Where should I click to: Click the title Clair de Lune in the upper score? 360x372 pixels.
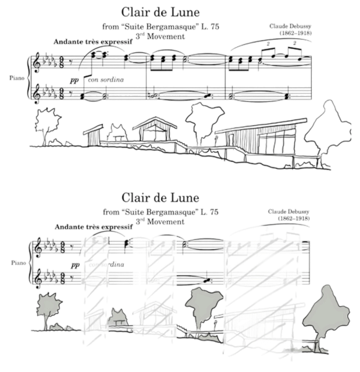click(162, 12)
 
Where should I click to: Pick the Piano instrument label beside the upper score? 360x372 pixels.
click(17, 77)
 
